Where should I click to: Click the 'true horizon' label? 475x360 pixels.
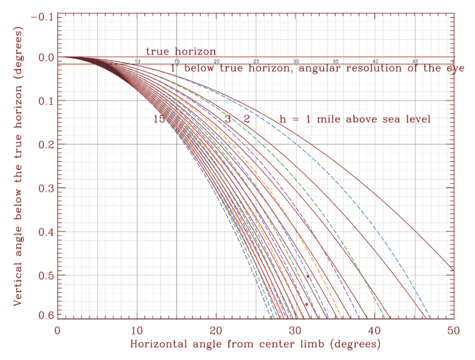[x=181, y=51]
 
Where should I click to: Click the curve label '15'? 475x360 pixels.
[x=159, y=120]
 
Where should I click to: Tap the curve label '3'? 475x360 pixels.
[x=228, y=120]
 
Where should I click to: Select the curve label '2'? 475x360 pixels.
[x=246, y=120]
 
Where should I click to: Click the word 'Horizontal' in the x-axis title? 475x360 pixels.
[x=164, y=343]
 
